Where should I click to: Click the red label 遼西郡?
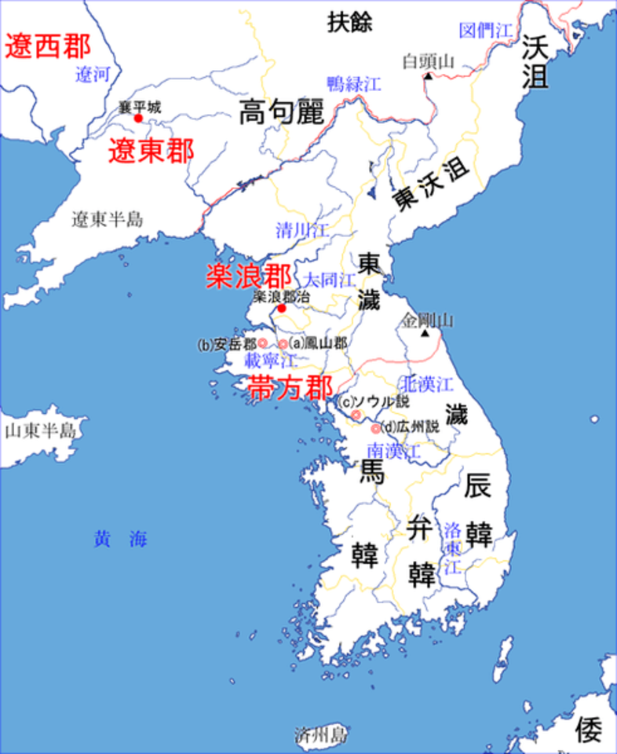[x=48, y=46]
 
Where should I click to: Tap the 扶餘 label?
[x=350, y=23]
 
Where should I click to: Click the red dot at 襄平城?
[x=138, y=119]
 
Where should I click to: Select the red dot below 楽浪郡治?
[x=281, y=309]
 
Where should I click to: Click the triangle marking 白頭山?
[x=428, y=77]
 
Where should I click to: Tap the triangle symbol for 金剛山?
[x=425, y=334]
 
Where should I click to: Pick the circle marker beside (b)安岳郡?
[x=263, y=343]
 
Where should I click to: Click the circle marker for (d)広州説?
[x=375, y=429]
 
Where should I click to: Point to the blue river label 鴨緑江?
[x=353, y=82]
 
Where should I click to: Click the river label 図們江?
[x=484, y=31]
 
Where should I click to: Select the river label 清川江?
[x=302, y=230]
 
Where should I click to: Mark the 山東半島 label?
[x=40, y=430]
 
